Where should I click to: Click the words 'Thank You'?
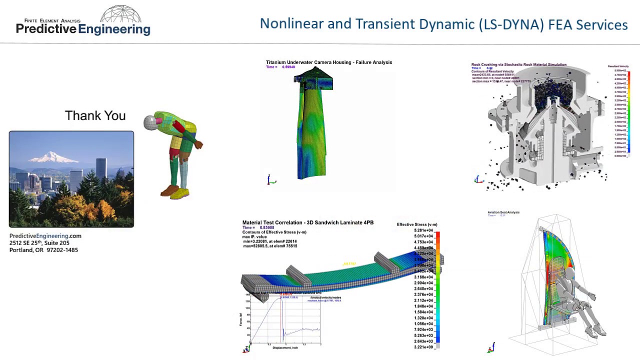pyautogui.click(x=95, y=116)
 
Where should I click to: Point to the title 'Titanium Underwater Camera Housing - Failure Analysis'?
pyautogui.click(x=328, y=62)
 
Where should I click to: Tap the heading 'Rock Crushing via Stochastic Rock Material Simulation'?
pyautogui.click(x=518, y=64)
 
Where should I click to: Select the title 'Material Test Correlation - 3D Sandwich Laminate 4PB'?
pyautogui.click(x=307, y=222)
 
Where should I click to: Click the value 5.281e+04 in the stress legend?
pyautogui.click(x=423, y=230)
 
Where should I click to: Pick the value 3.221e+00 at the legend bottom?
pyautogui.click(x=423, y=347)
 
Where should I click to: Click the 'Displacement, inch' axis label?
pyautogui.click(x=285, y=347)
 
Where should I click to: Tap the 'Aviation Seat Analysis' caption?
pyautogui.click(x=503, y=212)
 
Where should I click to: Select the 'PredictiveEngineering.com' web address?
pyautogui.click(x=45, y=236)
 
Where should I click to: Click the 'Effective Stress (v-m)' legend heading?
pyautogui.click(x=417, y=224)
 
